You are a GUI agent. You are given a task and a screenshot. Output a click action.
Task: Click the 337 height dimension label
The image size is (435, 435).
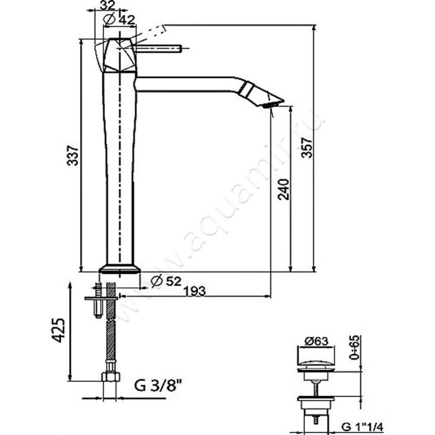pyautogui.click(x=73, y=156)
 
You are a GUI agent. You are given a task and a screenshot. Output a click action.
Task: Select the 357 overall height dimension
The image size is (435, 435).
pyautogui.click(x=307, y=147)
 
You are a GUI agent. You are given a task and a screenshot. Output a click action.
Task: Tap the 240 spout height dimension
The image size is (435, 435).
pyautogui.click(x=283, y=189)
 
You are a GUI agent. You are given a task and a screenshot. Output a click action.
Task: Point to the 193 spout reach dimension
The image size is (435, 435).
pyautogui.click(x=195, y=291)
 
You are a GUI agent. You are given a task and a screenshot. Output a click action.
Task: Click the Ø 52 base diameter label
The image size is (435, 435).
pyautogui.click(x=166, y=281)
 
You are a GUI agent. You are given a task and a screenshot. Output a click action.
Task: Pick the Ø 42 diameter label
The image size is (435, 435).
pyautogui.click(x=119, y=20)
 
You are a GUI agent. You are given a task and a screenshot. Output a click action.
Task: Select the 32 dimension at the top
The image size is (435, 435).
pyautogui.click(x=107, y=5)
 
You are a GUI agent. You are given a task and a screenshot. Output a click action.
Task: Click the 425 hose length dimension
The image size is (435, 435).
pyautogui.click(x=59, y=330)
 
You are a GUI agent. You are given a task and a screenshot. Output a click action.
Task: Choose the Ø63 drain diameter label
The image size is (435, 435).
pyautogui.click(x=316, y=341)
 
